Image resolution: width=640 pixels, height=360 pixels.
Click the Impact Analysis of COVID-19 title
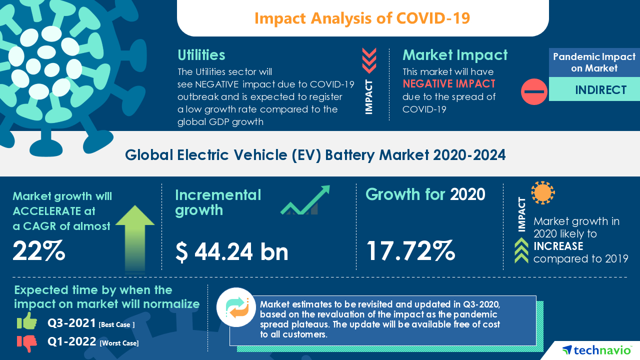pos(362,18)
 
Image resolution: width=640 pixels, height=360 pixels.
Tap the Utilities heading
pos(201,54)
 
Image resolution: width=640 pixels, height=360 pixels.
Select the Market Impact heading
pos(455,54)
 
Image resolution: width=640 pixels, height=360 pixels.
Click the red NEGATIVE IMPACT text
pos(449,83)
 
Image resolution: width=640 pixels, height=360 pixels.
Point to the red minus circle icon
pos(534,91)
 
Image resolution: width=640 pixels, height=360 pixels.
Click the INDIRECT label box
pos(594,89)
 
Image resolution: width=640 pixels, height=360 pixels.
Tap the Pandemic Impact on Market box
pos(594,62)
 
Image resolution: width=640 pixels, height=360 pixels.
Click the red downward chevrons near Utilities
pos(369,60)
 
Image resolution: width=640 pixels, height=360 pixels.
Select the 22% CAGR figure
pos(38,250)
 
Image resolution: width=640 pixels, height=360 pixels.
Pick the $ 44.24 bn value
pos(232,251)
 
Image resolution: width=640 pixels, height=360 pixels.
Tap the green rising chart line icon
pos(305,200)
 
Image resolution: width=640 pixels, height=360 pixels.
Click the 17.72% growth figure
pos(410,250)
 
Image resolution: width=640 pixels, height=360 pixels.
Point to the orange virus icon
pos(542,193)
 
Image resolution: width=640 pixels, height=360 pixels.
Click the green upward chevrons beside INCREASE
pos(521,250)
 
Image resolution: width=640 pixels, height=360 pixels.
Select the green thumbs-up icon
pos(27,321)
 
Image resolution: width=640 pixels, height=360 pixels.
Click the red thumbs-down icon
pos(27,342)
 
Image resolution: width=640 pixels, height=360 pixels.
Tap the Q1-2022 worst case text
pos(92,342)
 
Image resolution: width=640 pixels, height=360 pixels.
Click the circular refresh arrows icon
pos(236,307)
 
